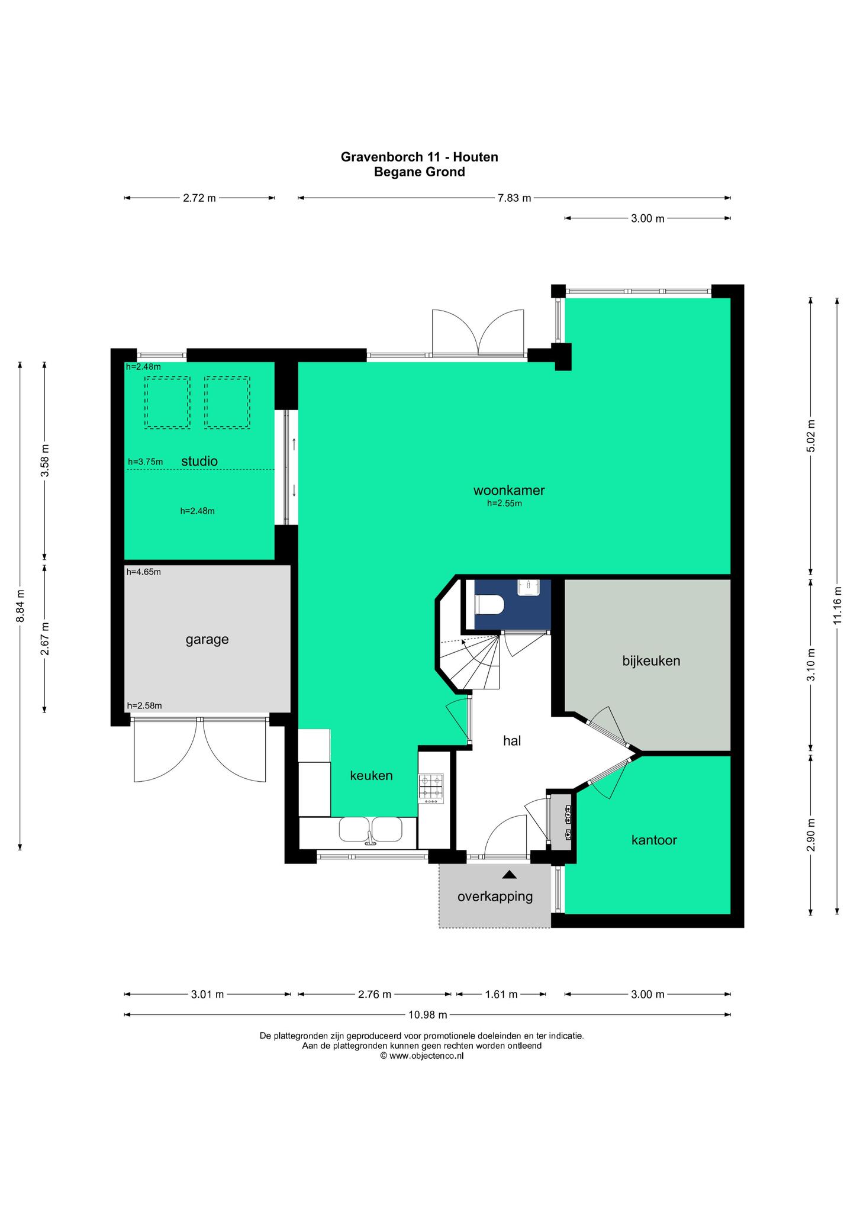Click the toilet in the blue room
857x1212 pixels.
coord(489,605)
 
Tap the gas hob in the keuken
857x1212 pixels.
coord(430,789)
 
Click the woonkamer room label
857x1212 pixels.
coord(509,490)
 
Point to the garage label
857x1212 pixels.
coord(207,640)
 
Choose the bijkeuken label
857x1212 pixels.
coord(651,660)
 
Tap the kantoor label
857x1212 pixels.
coord(654,840)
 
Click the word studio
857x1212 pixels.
coord(199,461)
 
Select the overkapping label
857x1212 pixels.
coord(495,897)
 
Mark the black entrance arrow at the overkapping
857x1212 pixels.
coord(510,875)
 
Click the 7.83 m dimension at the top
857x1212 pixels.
coord(514,198)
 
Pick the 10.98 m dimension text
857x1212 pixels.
coord(428,1015)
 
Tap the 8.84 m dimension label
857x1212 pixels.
coord(20,606)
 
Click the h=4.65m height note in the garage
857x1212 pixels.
coord(143,572)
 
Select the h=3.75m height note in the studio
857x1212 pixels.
coord(145,462)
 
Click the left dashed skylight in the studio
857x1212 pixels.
coord(167,402)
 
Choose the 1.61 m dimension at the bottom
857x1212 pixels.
coord(501,994)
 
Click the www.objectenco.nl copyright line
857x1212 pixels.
coord(422,1055)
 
